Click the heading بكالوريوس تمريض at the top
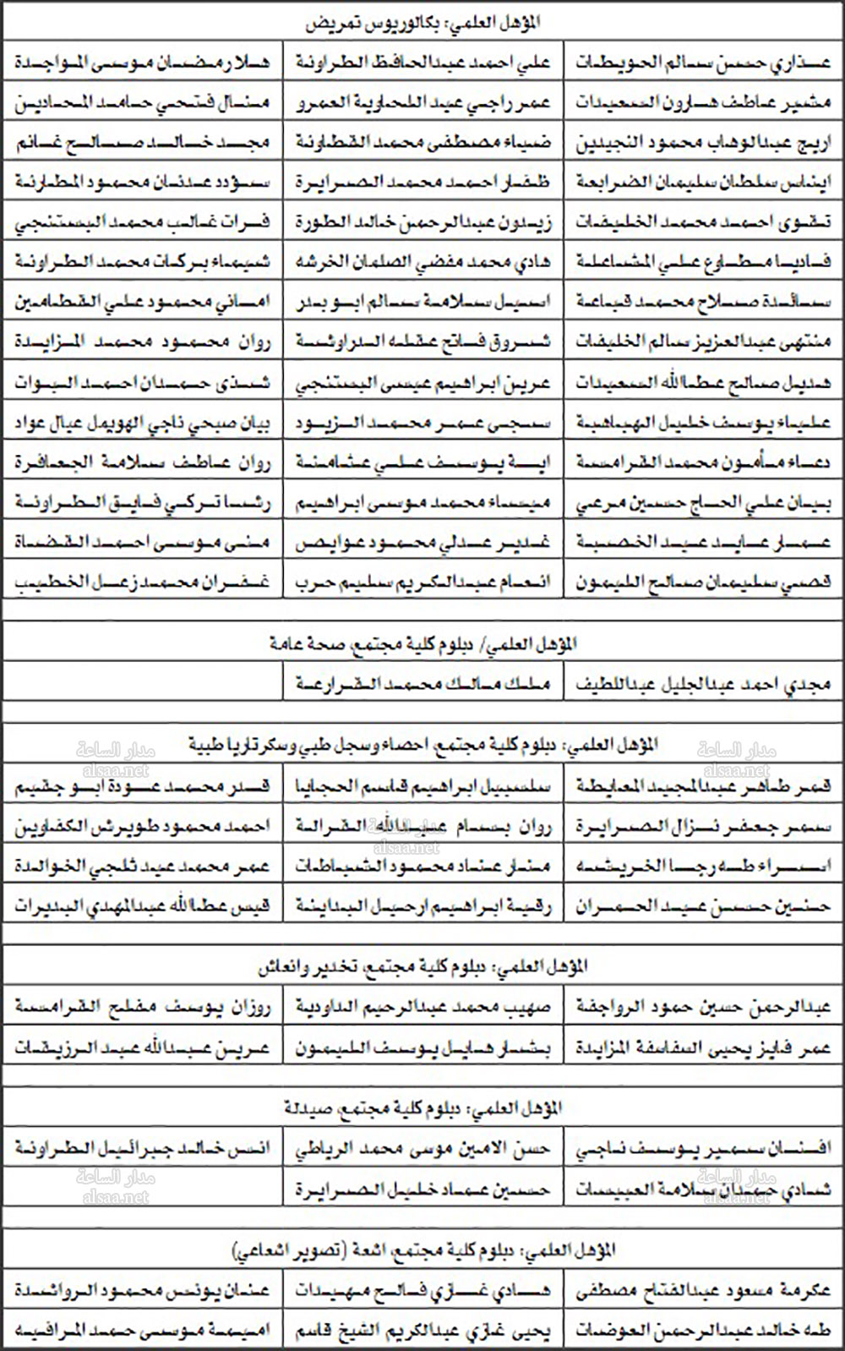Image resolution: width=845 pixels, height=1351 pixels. tap(422, 23)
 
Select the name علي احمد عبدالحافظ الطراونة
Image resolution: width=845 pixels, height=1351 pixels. tap(423, 62)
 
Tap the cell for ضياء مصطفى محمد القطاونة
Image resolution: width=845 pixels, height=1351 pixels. tap(423, 142)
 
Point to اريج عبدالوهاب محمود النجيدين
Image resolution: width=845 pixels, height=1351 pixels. tap(704, 142)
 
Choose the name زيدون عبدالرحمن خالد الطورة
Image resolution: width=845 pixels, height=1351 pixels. tap(423, 222)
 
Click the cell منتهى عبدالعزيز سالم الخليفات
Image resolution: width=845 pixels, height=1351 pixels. tap(704, 342)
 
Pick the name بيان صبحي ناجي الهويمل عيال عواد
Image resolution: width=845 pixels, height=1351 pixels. tap(142, 423)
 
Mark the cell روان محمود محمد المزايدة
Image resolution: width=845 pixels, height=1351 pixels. tap(142, 342)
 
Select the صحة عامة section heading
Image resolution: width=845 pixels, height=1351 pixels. tap(422, 644)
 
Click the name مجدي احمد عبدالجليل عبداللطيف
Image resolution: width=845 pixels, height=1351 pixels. tap(704, 683)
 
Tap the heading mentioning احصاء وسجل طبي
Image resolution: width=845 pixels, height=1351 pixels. tap(422, 745)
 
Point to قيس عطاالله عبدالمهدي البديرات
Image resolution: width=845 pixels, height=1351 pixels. tap(142, 906)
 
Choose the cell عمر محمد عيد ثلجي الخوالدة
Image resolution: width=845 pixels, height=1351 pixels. tap(142, 866)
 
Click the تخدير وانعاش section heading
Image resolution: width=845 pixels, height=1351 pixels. tap(422, 966)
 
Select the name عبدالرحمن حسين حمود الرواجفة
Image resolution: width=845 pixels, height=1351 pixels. tap(704, 1006)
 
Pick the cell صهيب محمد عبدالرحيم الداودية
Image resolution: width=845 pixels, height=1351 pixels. tap(423, 1006)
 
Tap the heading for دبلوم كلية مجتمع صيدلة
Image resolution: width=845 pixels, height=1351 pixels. tap(422, 1108)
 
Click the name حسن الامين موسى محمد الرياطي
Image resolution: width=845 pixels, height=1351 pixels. tap(423, 1148)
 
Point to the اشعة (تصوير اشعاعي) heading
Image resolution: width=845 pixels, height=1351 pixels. tap(422, 1250)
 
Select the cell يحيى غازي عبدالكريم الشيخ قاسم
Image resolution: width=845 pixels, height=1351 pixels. tap(423, 1331)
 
